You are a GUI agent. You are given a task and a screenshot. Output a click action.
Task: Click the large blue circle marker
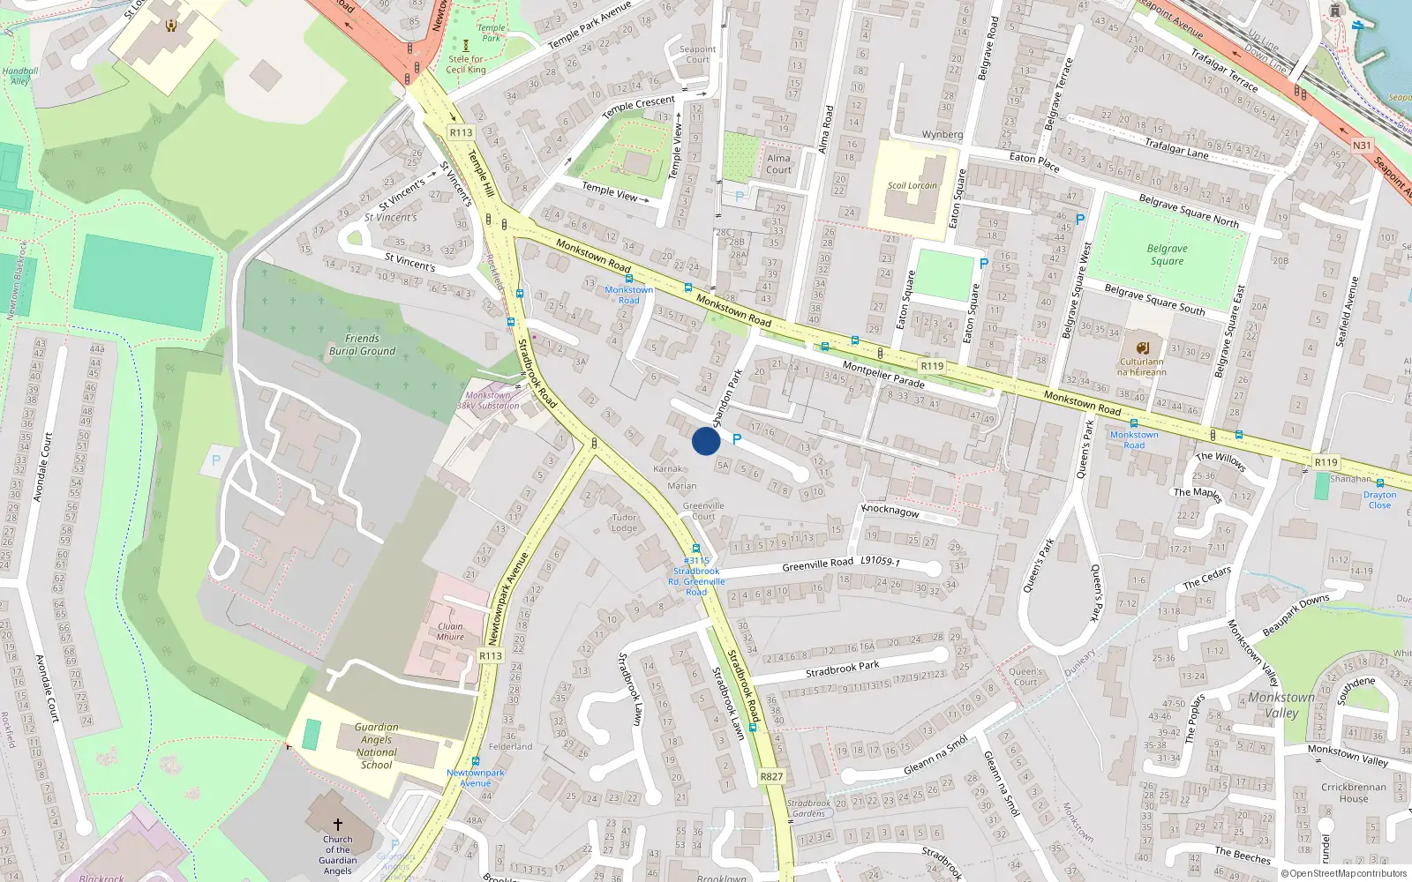coord(706,441)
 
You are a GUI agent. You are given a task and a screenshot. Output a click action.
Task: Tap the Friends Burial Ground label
coord(362,345)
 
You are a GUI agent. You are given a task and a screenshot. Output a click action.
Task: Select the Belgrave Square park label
coord(1167,255)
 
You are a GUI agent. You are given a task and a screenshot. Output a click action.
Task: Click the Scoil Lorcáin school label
coord(913,185)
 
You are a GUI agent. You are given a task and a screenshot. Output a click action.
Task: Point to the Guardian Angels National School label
coord(377,746)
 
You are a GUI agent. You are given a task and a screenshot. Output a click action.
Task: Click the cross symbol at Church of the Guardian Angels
coord(337,825)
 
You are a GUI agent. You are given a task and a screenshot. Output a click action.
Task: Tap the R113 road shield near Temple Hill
coord(461,132)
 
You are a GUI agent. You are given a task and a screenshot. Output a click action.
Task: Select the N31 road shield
coord(1362,146)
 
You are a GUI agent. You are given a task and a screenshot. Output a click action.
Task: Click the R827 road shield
coord(771,776)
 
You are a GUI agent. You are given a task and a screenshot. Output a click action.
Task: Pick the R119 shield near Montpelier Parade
coord(932,366)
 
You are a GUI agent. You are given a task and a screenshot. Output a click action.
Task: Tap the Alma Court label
coord(778,164)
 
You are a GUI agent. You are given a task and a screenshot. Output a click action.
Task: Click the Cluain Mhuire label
coord(450,632)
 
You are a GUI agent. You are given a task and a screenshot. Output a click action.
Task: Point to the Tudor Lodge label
coord(624,523)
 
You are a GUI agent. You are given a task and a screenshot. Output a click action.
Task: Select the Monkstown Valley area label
coord(1281,705)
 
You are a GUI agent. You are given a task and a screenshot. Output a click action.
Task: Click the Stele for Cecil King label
coord(465,64)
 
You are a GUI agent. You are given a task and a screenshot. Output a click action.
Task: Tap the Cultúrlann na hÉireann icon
coord(1143,348)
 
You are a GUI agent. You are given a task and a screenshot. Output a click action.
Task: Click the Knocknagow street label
coord(890,511)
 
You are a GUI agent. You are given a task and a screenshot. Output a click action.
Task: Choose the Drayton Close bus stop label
coord(1379,500)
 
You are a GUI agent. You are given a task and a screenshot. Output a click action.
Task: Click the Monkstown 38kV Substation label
coord(488,400)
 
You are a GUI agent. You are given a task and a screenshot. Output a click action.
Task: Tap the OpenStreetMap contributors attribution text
coord(1344,873)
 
